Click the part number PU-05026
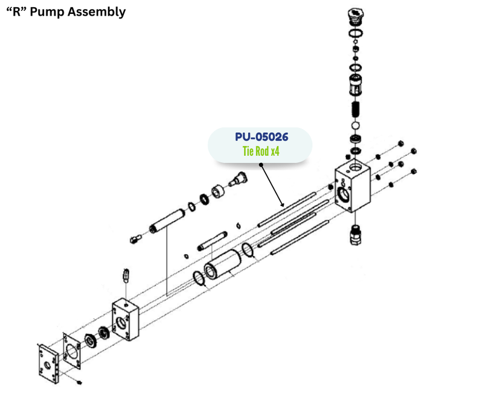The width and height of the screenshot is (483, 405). pos(261,138)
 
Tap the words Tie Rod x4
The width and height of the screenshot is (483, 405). pos(261,151)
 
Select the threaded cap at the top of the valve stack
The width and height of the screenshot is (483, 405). pos(356,14)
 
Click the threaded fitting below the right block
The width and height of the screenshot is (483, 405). pos(356,232)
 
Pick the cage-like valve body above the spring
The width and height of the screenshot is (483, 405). pos(356,84)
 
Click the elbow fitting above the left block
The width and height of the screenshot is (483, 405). pos(126,274)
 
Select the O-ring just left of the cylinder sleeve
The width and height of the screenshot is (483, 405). pos(197,278)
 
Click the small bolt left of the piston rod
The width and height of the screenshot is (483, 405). pos(135,239)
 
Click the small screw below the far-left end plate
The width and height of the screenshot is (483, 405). pos(80,382)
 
